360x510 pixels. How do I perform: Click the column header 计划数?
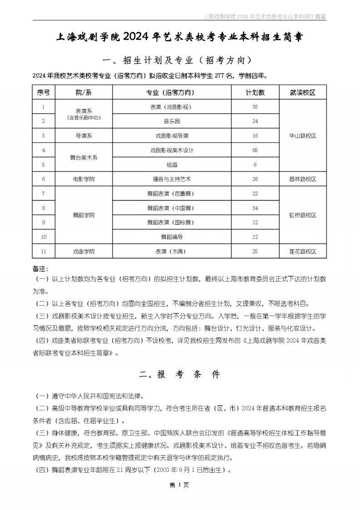coord(255,93)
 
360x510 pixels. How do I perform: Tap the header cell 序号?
coord(43,93)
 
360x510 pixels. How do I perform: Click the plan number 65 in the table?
coord(255,150)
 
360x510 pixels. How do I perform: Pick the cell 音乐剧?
coord(172,121)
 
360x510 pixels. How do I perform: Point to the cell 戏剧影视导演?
coord(172,136)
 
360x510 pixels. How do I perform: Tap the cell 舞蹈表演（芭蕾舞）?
coord(172,193)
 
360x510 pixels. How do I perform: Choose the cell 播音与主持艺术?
coord(172,179)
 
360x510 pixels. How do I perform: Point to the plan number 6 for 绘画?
coord(255,164)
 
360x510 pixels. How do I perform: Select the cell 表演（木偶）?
coord(172,251)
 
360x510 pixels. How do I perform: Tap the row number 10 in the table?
coord(43,237)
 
